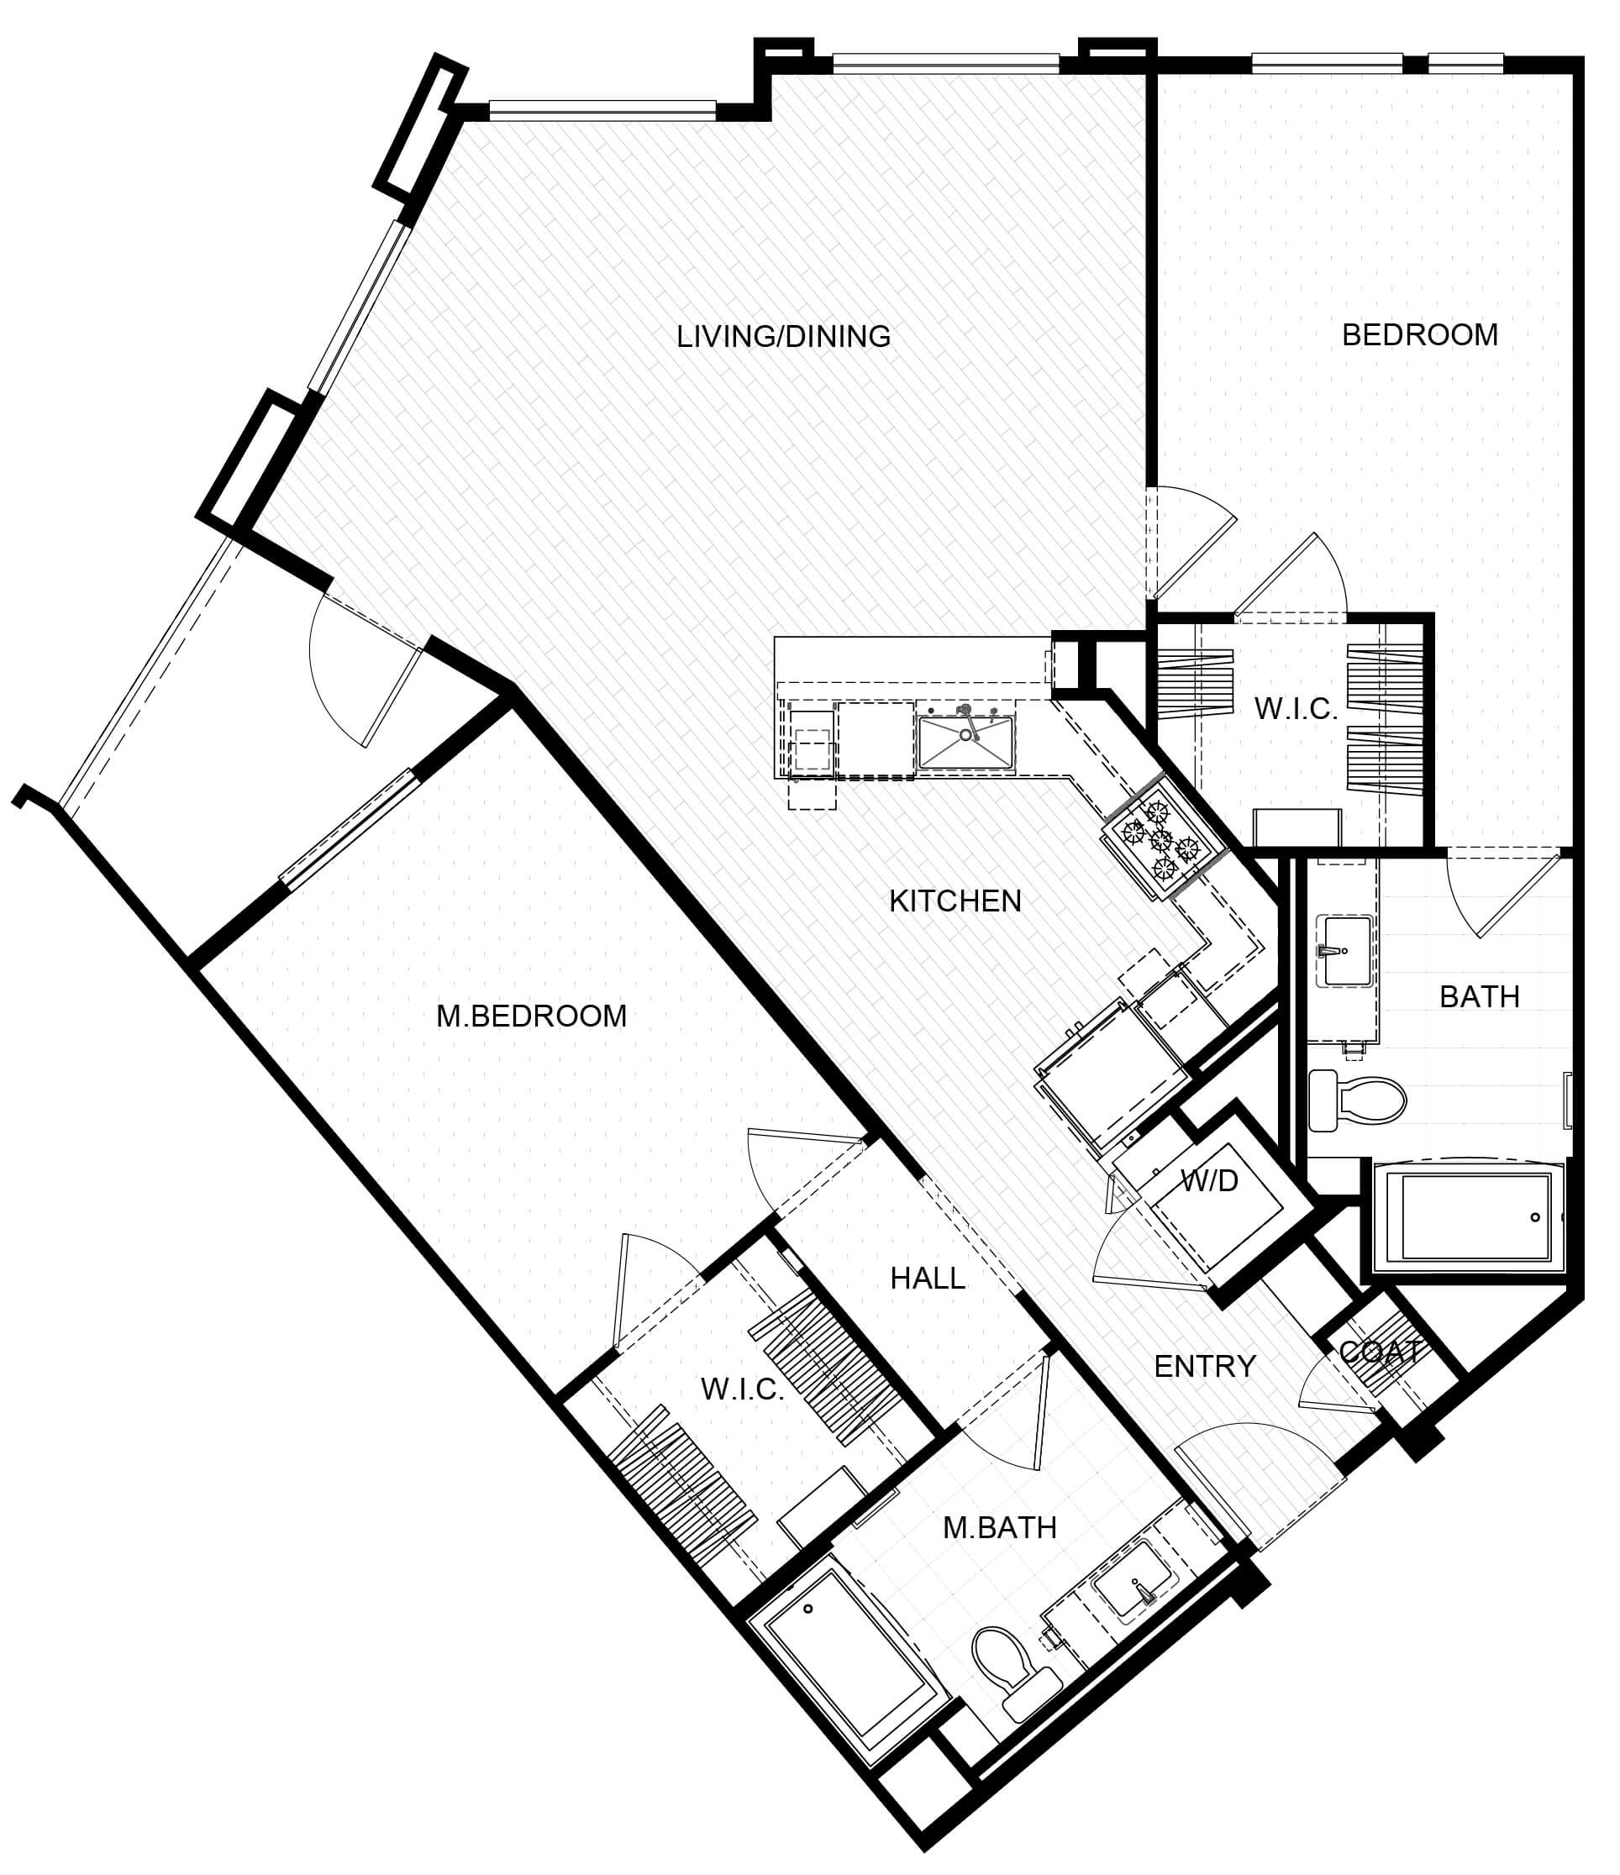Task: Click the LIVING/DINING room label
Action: [x=784, y=337]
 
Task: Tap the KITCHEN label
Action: [x=955, y=901]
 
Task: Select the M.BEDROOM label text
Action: [x=531, y=1016]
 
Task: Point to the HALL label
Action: [x=928, y=1279]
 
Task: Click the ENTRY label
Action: [x=1205, y=1367]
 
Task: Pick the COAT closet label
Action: [x=1379, y=1352]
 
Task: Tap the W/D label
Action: [x=1209, y=1180]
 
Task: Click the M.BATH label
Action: [x=1000, y=1528]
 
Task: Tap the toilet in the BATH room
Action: [x=1357, y=1100]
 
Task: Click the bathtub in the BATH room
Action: [x=1470, y=1217]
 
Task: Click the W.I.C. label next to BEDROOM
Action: [x=1295, y=710]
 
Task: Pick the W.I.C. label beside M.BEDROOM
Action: [x=742, y=1389]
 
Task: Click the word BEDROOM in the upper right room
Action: [x=1420, y=336]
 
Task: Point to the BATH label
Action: [x=1480, y=997]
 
